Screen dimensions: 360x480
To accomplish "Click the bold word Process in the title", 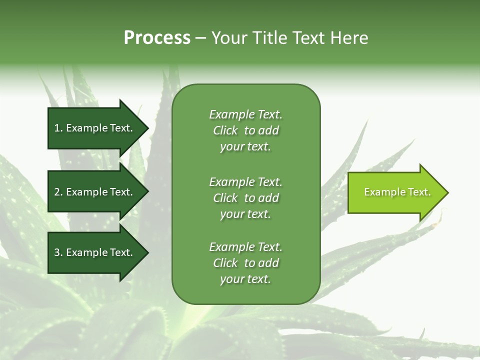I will click(157, 38).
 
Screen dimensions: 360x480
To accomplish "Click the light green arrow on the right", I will click(395, 192).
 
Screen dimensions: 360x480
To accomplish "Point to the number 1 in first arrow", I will click(57, 128).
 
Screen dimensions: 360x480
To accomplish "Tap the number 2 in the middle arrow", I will click(57, 192).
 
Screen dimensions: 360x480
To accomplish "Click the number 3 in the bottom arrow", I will click(57, 252).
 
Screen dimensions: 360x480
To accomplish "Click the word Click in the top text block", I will click(225, 130).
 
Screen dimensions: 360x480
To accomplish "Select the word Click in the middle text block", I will click(225, 198).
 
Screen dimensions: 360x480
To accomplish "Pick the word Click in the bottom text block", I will click(225, 263).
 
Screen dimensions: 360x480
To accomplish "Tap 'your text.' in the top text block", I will click(245, 147).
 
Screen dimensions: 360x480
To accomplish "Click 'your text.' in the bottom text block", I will click(245, 279).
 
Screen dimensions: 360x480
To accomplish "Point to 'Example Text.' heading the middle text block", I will click(245, 182).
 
